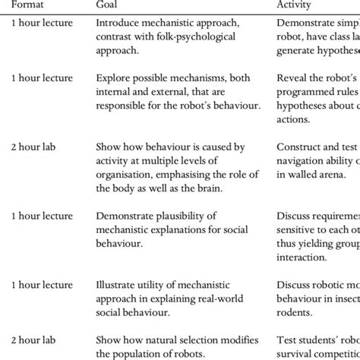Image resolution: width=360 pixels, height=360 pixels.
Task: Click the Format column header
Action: click(x=27, y=4)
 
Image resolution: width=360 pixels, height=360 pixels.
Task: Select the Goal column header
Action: click(x=109, y=4)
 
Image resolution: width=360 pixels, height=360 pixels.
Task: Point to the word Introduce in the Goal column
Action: click(x=118, y=23)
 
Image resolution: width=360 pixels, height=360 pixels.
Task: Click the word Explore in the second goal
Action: click(x=114, y=77)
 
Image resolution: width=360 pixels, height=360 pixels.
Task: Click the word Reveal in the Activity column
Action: click(x=293, y=77)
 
